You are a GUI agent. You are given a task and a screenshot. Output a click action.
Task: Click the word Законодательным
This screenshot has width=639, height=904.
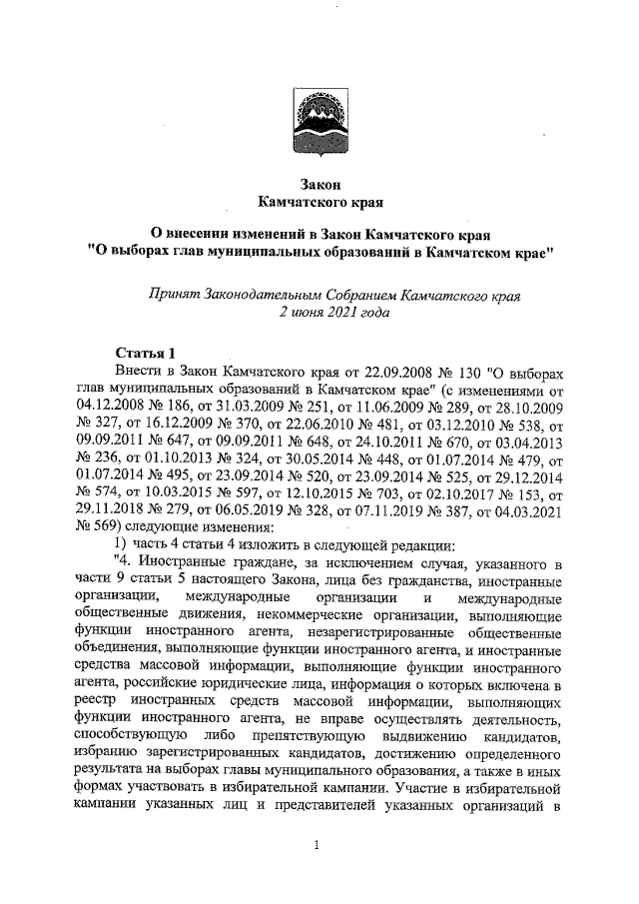click(x=266, y=295)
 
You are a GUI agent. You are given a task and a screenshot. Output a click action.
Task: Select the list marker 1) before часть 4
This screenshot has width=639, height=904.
click(x=121, y=543)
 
